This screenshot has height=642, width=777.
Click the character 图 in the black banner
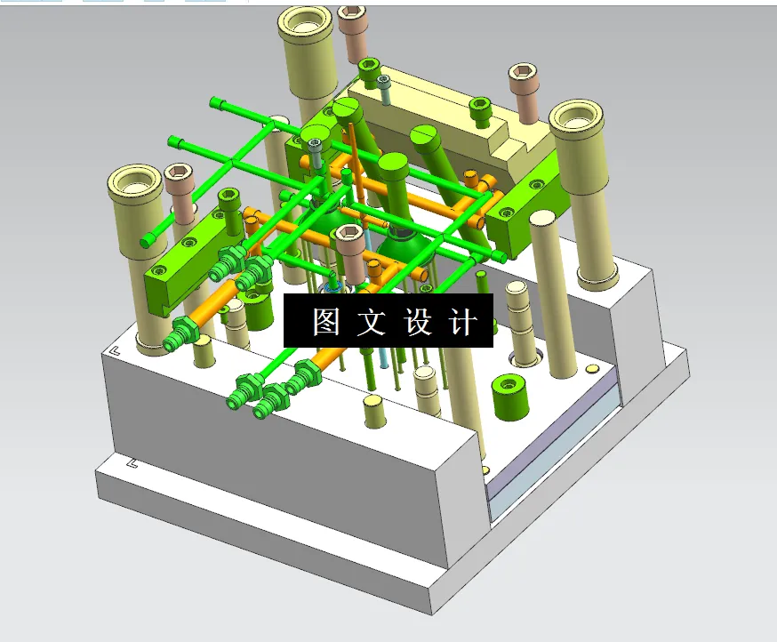pyautogui.click(x=326, y=322)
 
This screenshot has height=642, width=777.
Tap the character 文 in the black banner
pyautogui.click(x=372, y=322)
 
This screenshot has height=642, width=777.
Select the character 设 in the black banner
pyautogui.click(x=419, y=322)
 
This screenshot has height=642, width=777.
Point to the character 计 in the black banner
pyautogui.click(x=464, y=322)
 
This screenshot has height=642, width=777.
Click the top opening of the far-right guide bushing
pyautogui.click(x=576, y=119)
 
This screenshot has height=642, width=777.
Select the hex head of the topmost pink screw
pyautogui.click(x=353, y=14)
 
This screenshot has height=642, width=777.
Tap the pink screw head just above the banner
pyautogui.click(x=348, y=236)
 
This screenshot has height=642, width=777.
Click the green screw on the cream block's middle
pyautogui.click(x=480, y=107)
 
